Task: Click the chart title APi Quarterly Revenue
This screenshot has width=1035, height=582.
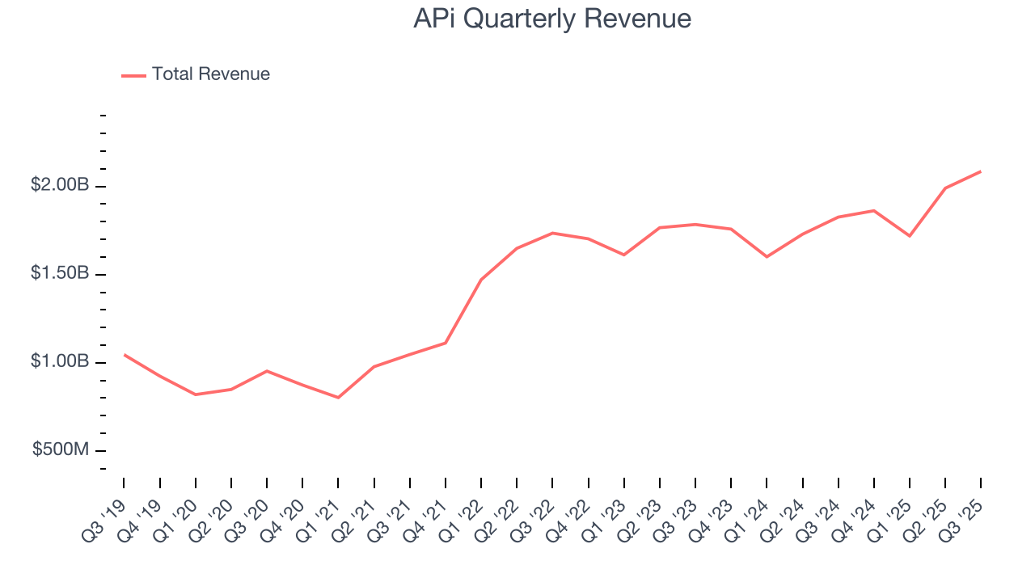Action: (x=552, y=19)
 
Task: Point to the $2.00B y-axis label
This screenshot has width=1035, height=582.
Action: (x=60, y=185)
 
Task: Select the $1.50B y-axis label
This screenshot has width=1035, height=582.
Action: (x=60, y=273)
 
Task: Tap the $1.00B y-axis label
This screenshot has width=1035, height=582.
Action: (x=60, y=361)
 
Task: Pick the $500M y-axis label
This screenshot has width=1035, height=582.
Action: (x=61, y=449)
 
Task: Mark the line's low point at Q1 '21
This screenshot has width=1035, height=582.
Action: (x=338, y=398)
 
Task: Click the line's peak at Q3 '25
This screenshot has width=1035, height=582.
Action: (x=981, y=171)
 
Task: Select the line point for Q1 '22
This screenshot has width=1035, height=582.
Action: (x=481, y=280)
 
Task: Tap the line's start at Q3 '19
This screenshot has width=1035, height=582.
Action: (x=125, y=355)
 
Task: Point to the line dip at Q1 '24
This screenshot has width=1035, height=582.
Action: (x=767, y=257)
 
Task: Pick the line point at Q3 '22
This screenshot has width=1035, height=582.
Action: (x=552, y=233)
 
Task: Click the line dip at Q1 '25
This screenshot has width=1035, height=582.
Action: (x=910, y=236)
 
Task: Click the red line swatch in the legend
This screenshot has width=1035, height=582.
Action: (x=133, y=75)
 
